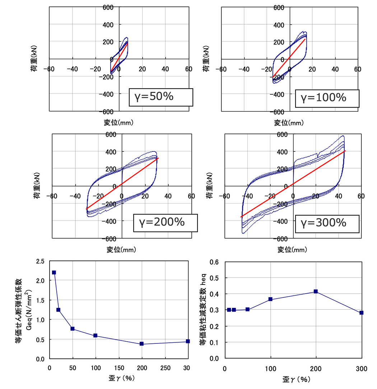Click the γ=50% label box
[x=161, y=97]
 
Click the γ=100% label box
[x=327, y=98]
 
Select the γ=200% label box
[x=166, y=222]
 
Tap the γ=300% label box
[x=327, y=223]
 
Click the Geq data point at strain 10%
[x=54, y=272]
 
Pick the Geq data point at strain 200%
[x=142, y=344]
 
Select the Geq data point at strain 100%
[x=96, y=336]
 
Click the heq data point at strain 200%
[x=316, y=291]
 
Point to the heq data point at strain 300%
[x=361, y=313]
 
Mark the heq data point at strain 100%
[x=270, y=299]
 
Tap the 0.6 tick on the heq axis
[x=214, y=262]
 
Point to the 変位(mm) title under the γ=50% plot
[x=118, y=123]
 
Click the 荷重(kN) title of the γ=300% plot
[x=209, y=186]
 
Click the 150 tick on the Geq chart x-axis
[x=119, y=368]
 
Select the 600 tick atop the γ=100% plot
[x=279, y=7]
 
